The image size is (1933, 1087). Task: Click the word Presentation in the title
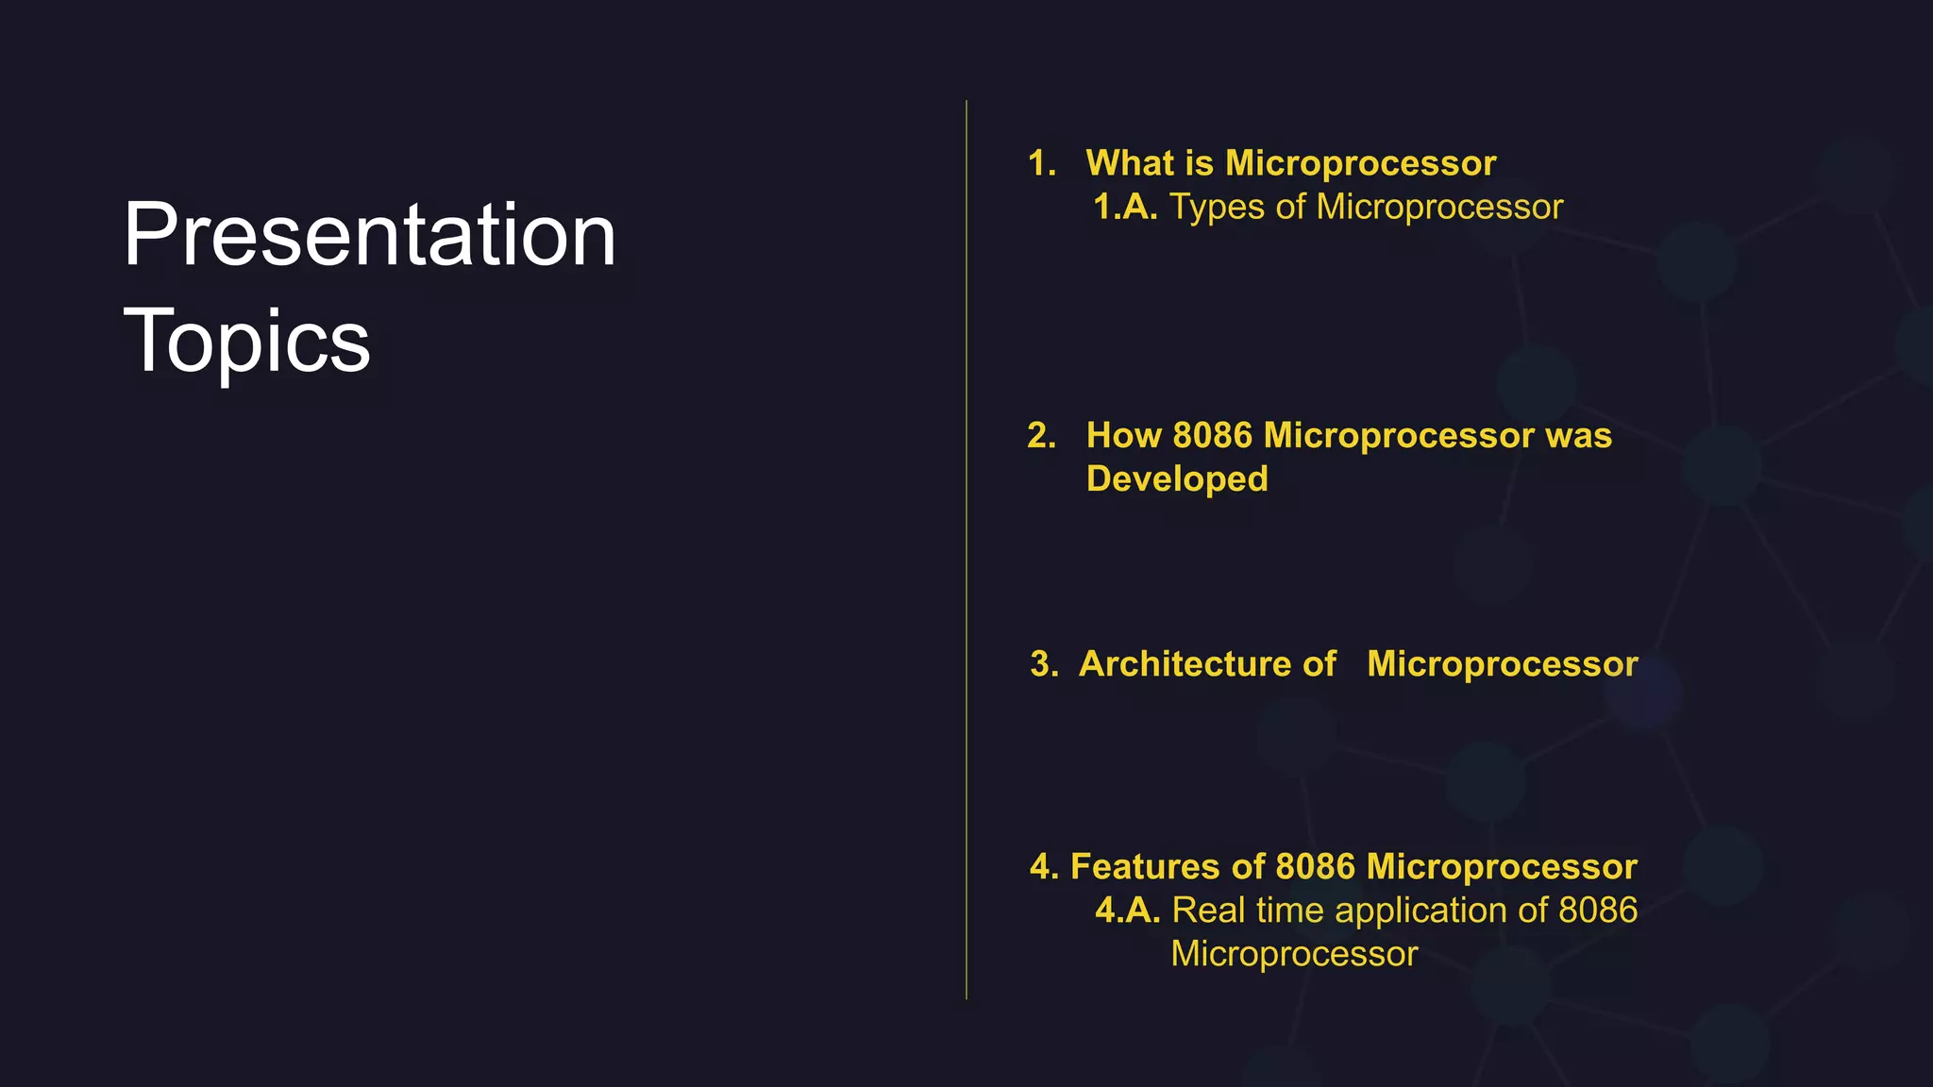[x=369, y=235]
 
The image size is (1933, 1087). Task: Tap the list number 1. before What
[x=1042, y=163]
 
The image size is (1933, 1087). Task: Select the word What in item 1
[x=1130, y=163]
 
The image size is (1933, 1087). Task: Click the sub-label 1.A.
[x=1125, y=207]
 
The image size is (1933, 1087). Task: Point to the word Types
[x=1217, y=208]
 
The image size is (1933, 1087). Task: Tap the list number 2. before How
[x=1042, y=435]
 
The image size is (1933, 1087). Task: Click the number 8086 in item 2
[x=1212, y=435]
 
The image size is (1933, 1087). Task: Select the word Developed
[x=1177, y=479]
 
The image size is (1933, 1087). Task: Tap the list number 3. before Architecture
[x=1044, y=663]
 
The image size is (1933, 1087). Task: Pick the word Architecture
[x=1207, y=663]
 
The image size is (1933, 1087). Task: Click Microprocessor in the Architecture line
[x=1502, y=663]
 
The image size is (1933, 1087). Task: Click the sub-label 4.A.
[x=1127, y=911]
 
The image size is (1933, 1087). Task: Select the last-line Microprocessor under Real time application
[x=1294, y=954]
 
